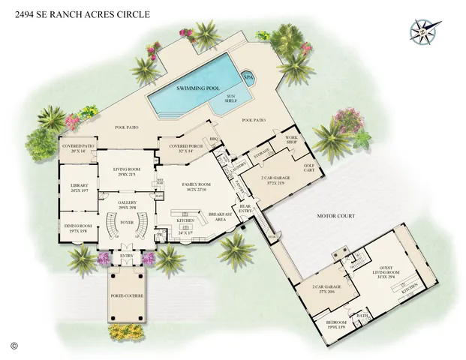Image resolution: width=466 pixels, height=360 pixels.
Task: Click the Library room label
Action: (80, 187)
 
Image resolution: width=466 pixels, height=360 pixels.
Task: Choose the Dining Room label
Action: (80, 228)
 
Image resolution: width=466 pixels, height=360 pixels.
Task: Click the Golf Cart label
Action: (307, 169)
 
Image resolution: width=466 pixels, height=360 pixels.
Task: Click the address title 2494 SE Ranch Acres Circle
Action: (82, 14)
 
